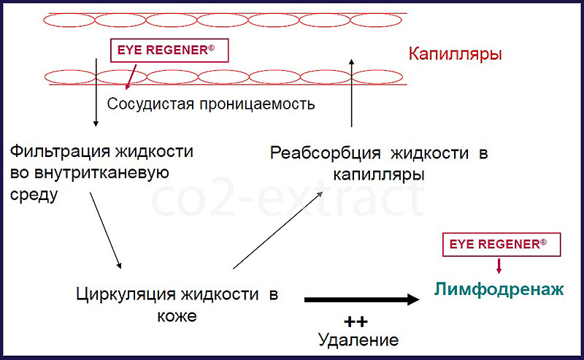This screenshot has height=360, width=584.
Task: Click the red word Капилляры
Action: (455, 55)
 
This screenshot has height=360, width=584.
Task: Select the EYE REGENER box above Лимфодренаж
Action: (502, 245)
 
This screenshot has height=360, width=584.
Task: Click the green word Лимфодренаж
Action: (499, 290)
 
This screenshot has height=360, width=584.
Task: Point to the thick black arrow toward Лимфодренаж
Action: (362, 299)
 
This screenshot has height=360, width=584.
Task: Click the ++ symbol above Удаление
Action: (356, 321)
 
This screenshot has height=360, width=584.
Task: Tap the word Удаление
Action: (358, 340)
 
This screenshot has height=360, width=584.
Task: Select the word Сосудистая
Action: (150, 104)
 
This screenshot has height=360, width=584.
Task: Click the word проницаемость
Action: (258, 104)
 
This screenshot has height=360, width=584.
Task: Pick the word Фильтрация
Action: (60, 152)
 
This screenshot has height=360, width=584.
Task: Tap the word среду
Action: (34, 195)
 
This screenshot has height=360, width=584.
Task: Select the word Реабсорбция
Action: (325, 153)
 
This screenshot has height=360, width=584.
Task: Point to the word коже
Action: (177, 316)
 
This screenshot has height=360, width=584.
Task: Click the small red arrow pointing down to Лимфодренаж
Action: (499, 266)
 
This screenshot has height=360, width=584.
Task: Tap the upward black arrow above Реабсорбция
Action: (351, 93)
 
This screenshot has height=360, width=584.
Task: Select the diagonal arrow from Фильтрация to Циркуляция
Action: (105, 230)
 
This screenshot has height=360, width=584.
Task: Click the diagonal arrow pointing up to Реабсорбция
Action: (278, 230)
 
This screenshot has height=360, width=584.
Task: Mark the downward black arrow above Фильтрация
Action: (96, 93)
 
